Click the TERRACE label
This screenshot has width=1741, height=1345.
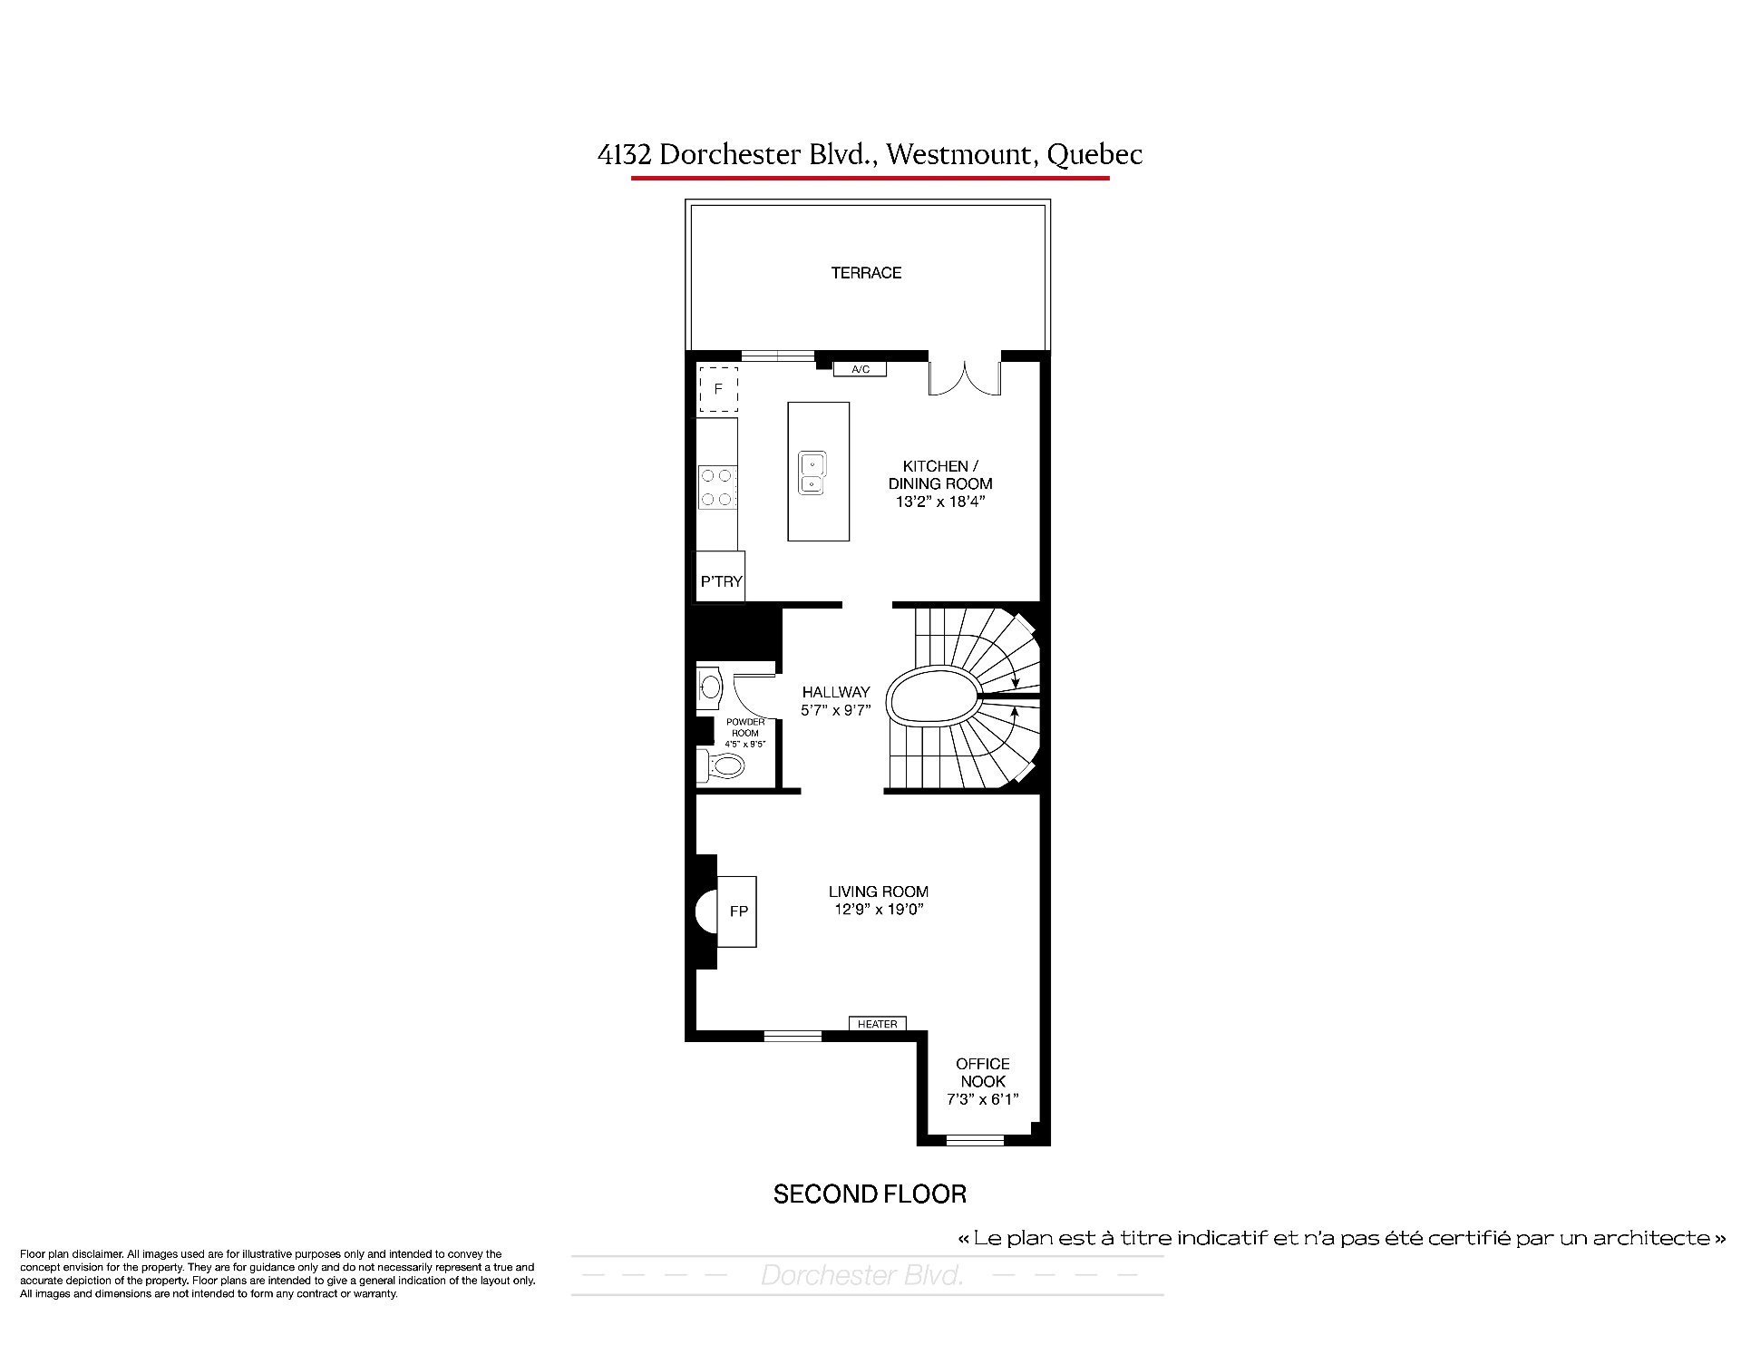pos(866,272)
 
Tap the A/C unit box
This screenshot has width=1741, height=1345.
pos(860,369)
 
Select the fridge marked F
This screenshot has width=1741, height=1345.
pos(717,389)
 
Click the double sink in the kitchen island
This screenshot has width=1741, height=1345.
pos(812,473)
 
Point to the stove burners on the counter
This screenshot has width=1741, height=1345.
pos(717,486)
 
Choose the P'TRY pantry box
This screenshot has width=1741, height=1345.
pos(721,575)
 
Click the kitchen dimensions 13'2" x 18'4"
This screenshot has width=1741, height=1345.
pos(940,501)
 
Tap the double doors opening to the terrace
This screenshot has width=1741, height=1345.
pos(964,378)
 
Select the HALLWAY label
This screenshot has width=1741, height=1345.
pos(836,692)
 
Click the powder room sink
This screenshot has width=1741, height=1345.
pos(710,687)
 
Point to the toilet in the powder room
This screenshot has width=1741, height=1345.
pos(720,765)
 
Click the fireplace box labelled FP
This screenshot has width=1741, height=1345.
pos(737,911)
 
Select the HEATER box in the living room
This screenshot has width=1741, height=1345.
pos(877,1024)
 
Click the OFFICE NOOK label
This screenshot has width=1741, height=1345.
pos(983,1072)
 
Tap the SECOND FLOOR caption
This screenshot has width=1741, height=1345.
pos(870,1194)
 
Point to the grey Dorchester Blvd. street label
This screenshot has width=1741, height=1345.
pos(861,1276)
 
